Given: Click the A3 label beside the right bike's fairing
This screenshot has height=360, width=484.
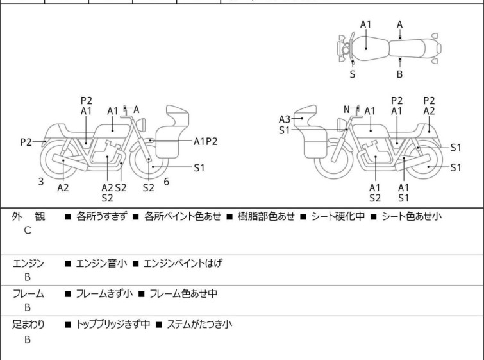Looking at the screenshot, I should [285, 119].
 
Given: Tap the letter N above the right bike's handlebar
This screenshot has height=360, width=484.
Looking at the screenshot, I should [347, 109].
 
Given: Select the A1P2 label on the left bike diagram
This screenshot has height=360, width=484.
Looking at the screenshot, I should [206, 141].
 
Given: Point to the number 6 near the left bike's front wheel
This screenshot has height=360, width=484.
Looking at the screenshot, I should [166, 182].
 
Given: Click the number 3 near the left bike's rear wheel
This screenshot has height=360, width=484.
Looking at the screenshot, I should [41, 182].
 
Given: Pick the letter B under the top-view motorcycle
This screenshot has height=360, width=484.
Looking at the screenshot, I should [399, 74].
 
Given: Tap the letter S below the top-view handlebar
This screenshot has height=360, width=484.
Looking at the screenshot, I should [352, 74].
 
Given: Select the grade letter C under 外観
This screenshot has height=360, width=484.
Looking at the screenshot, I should [28, 230].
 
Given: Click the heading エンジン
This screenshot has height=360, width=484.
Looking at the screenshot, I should [28, 263].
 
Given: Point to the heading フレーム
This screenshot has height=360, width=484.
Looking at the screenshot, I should [28, 294].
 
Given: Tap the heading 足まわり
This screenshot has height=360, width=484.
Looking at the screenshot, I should [28, 325].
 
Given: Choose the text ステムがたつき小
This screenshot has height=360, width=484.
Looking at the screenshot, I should [199, 325].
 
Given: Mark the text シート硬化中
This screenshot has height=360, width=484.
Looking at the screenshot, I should [338, 217].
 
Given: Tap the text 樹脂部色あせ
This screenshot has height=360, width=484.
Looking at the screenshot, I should [264, 217].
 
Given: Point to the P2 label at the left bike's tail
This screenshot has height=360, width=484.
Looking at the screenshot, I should [26, 142].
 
